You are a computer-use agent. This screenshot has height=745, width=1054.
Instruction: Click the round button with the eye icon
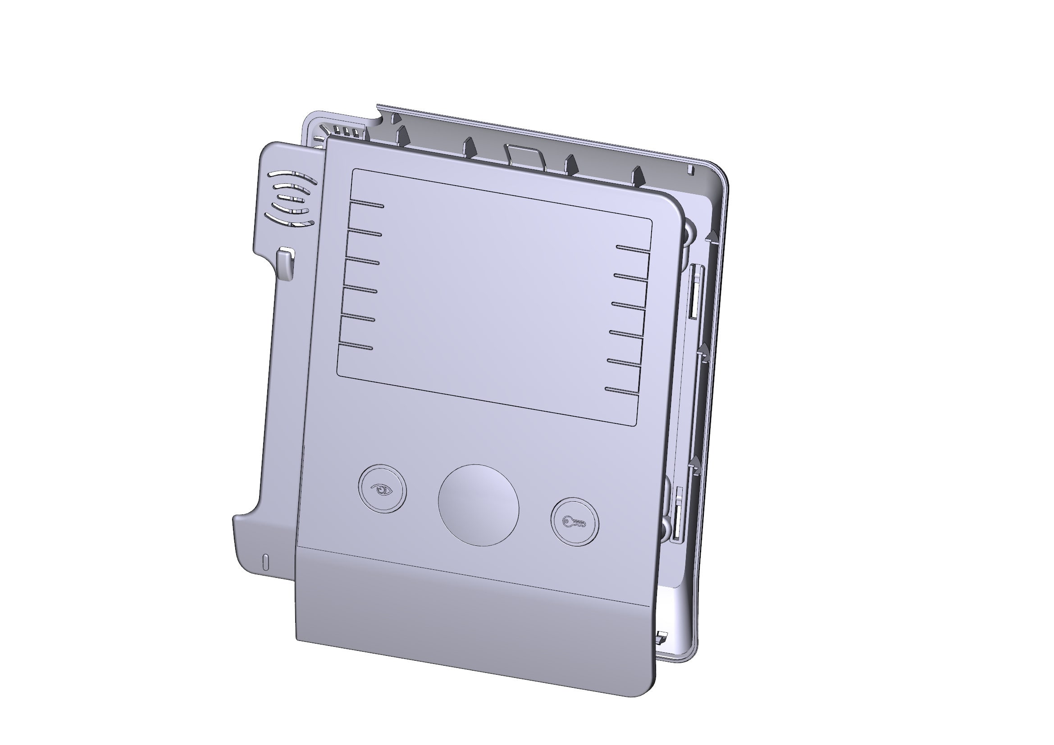click(x=382, y=489)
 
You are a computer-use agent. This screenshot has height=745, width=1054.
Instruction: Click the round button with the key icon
click(x=575, y=522)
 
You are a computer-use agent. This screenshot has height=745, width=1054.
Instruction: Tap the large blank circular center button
click(x=479, y=505)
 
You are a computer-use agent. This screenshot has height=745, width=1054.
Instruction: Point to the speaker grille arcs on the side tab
click(x=291, y=200)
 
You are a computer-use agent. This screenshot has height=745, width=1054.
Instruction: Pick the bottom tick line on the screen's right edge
click(x=622, y=391)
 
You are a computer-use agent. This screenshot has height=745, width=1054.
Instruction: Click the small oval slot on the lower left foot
click(x=264, y=563)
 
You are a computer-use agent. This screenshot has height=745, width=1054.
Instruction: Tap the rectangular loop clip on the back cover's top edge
click(x=524, y=154)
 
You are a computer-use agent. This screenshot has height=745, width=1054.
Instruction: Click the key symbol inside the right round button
click(x=574, y=522)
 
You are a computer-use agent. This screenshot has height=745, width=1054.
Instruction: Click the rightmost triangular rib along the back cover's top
click(x=637, y=175)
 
